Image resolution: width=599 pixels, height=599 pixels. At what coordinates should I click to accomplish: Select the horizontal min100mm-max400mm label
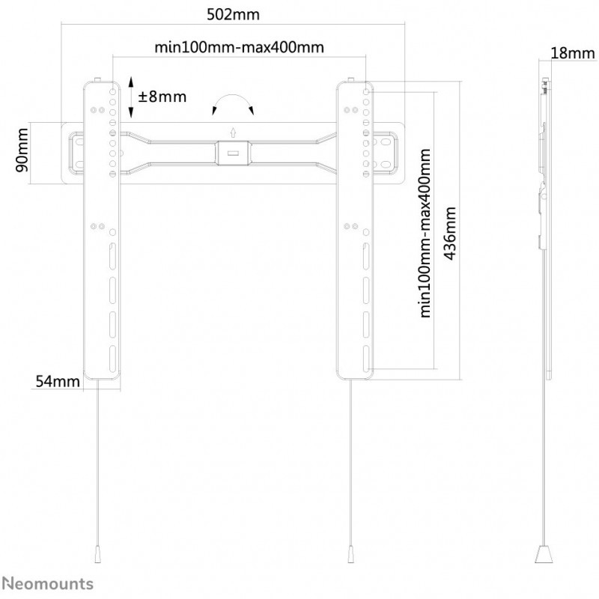point(239,47)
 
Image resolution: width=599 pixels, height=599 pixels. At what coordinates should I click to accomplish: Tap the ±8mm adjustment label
point(162,97)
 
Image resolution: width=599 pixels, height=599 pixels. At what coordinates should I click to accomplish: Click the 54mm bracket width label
point(57,381)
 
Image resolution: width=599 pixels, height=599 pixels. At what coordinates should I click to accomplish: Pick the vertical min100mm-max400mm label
point(426,233)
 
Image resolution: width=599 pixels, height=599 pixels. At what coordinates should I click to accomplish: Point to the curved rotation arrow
point(233,103)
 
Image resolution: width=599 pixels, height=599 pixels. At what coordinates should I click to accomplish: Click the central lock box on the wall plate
point(232,152)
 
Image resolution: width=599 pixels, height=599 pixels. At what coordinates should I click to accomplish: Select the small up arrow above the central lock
point(232,132)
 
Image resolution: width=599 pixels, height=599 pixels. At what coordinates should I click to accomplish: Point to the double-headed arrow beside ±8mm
point(130,97)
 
